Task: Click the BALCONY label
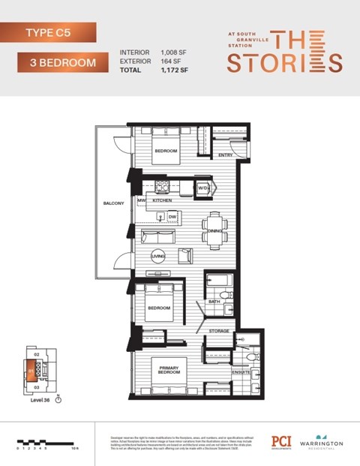click(x=113, y=203)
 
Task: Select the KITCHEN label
click(x=163, y=201)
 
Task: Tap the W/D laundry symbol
click(x=202, y=188)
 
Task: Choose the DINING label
click(x=214, y=231)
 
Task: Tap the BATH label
click(x=214, y=302)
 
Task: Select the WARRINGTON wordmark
click(x=322, y=444)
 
